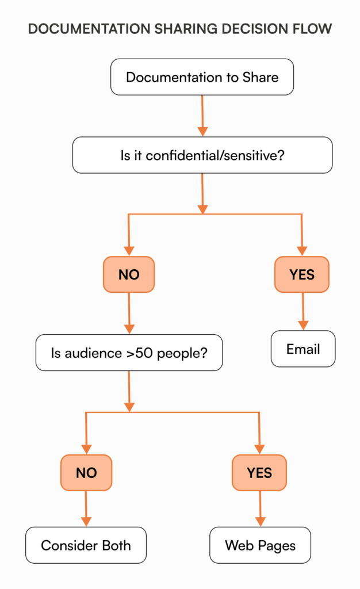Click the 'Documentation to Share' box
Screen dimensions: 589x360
[202, 77]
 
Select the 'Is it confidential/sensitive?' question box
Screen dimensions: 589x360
[202, 155]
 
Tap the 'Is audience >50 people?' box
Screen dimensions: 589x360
[129, 353]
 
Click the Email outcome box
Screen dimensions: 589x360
[302, 349]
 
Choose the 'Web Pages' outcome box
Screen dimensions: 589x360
[260, 545]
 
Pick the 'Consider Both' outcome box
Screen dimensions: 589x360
[86, 545]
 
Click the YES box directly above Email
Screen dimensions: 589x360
[302, 274]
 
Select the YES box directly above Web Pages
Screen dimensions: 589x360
[259, 472]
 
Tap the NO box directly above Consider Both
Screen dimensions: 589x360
[86, 473]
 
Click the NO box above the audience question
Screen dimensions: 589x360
[129, 274]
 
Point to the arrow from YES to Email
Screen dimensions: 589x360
[302, 311]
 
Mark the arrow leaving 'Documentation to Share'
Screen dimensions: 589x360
[202, 115]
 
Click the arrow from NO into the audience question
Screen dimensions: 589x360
[129, 313]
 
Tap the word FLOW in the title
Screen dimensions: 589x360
[314, 29]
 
